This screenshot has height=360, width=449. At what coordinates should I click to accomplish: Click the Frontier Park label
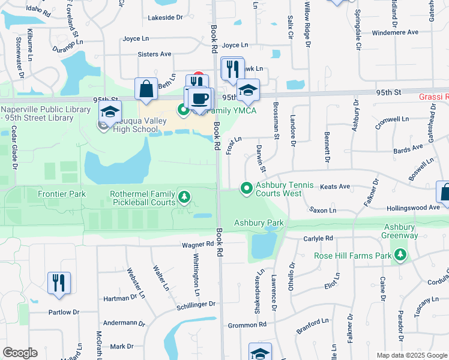(61, 194)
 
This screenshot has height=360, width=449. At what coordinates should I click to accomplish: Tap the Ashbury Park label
(259, 223)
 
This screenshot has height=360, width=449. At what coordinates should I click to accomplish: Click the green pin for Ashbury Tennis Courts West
(246, 188)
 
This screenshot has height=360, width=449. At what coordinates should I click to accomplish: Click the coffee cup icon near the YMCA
(200, 98)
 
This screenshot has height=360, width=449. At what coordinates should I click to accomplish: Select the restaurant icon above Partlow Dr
(59, 283)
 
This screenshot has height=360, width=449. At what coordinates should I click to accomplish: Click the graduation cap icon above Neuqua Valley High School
(110, 111)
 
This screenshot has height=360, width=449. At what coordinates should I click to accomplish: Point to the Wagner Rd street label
(198, 244)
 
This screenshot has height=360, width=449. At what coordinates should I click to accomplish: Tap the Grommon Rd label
(247, 325)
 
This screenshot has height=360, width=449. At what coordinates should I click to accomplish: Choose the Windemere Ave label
(397, 33)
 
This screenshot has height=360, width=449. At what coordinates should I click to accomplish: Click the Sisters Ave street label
(154, 54)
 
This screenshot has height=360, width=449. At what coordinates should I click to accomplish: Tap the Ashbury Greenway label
(400, 232)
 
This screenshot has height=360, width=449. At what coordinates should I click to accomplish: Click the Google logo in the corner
(20, 353)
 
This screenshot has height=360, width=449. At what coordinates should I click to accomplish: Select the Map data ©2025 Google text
(411, 355)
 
